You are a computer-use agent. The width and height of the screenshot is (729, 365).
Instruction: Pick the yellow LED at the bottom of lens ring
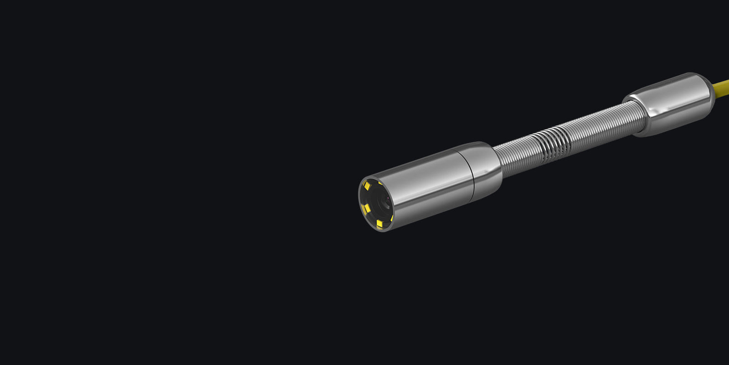(380, 223)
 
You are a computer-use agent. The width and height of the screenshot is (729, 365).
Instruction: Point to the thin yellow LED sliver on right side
(392, 218)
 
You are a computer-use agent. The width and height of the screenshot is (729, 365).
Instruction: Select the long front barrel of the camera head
(424, 187)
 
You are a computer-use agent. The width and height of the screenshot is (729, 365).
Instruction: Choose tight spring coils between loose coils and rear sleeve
(601, 125)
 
